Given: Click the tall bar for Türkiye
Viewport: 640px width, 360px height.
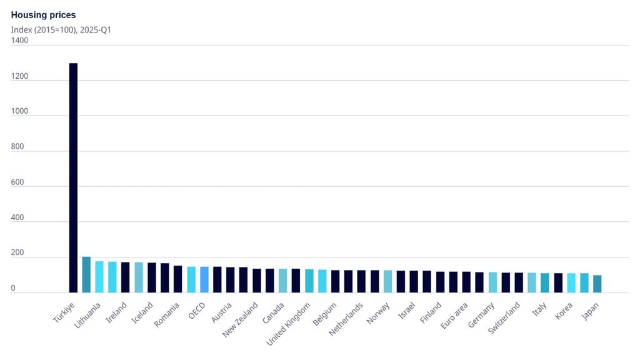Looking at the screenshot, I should (x=73, y=178).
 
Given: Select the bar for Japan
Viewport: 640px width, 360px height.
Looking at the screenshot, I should (x=597, y=284).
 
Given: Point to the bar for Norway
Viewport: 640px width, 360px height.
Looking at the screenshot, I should (x=387, y=281).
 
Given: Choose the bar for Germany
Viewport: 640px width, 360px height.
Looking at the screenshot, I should (x=492, y=282).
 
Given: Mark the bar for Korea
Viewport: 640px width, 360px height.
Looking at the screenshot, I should (x=571, y=282).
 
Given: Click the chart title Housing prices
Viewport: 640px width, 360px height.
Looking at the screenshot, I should (x=43, y=14).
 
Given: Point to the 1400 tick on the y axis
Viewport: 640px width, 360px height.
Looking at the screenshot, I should (x=19, y=41).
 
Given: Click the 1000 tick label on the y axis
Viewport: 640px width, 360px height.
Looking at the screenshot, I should (x=19, y=111).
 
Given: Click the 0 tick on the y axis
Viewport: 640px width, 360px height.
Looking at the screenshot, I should (x=14, y=287).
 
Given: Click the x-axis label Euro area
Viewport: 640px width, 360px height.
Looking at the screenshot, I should (x=455, y=316).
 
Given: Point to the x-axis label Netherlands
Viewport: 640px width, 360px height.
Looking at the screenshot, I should (x=346, y=319).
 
